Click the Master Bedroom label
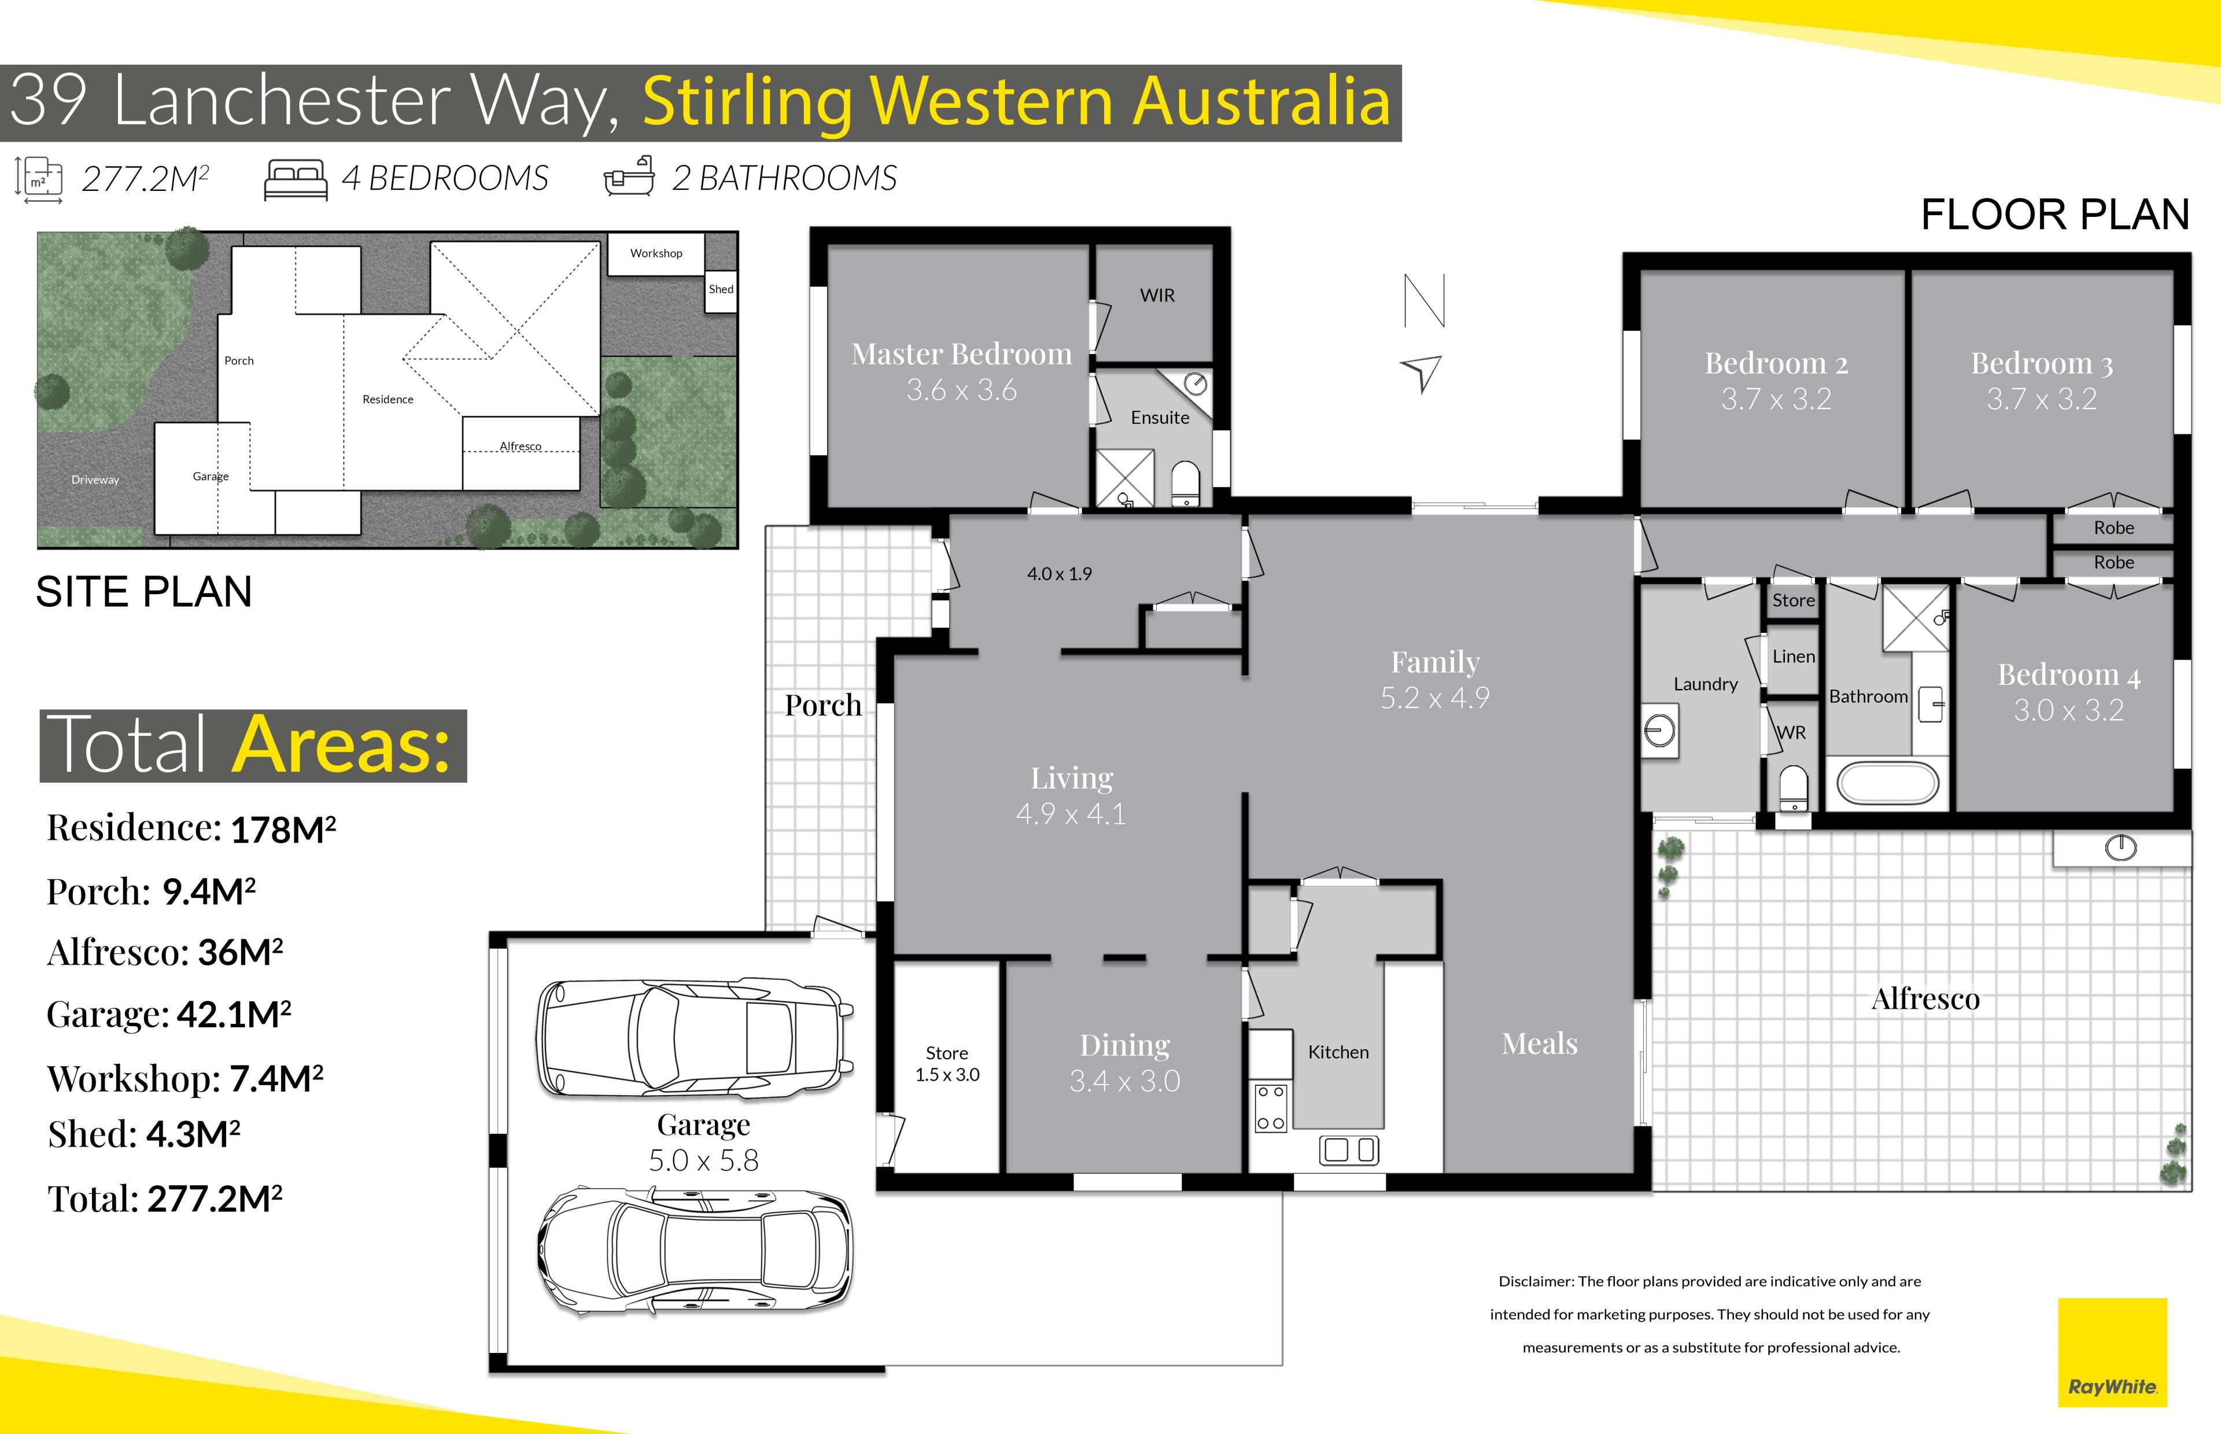[x=961, y=354]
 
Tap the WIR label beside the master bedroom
[x=1157, y=295]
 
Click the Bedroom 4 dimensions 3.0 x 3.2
[x=2068, y=710]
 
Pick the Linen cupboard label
[x=1794, y=657]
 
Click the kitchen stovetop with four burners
[x=1271, y=1108]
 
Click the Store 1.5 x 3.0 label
[x=947, y=1063]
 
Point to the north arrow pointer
[x=1422, y=373]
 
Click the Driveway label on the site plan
[x=95, y=480]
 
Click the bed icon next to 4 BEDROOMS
[x=296, y=179]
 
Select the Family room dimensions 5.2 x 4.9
[x=1434, y=698]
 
